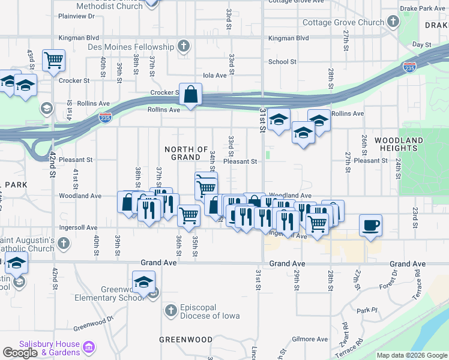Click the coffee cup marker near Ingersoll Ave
370,226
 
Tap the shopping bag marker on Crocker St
190,95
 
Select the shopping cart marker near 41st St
53,61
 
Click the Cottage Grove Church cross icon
393,23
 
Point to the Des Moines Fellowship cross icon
184,46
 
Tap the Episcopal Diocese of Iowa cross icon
170,310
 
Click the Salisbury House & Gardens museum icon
89,347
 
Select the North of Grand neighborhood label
186,153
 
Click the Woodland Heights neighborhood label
399,144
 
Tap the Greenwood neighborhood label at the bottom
185,340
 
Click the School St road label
282,62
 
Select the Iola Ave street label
215,76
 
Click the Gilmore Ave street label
310,339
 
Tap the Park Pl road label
366,311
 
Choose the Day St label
422,45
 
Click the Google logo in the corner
20,353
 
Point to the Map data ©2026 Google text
412,355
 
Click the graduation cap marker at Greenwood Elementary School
143,283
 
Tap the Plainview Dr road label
74,17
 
